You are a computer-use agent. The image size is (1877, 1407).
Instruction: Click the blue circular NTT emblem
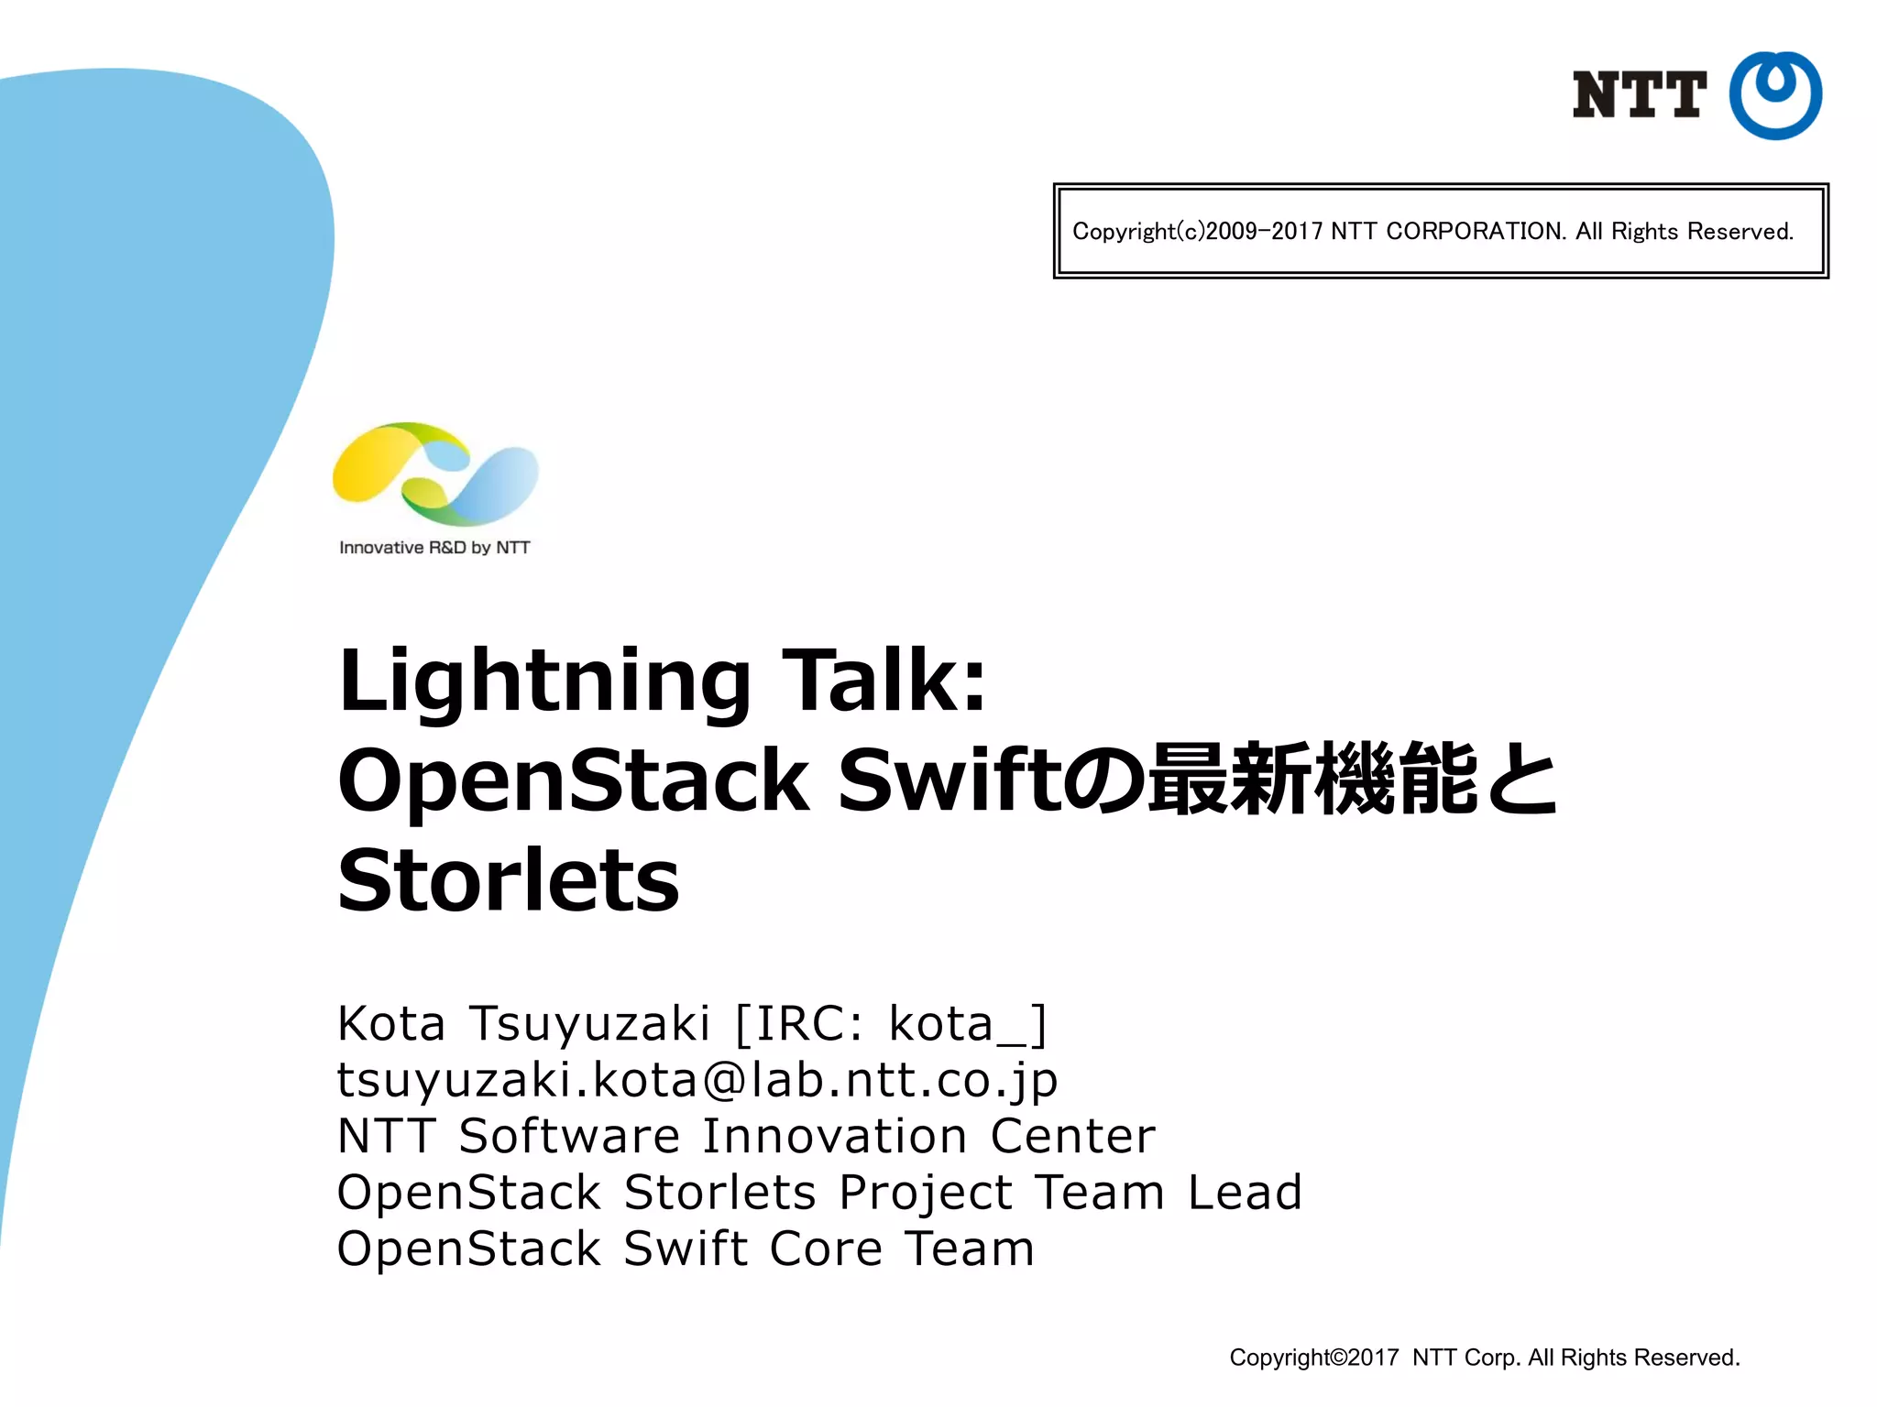tap(1774, 95)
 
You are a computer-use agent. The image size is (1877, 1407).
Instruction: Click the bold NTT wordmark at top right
tap(1639, 95)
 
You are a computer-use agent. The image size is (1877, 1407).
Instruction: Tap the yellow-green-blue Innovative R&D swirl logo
tap(435, 474)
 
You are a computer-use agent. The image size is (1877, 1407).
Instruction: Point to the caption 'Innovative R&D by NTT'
tap(434, 548)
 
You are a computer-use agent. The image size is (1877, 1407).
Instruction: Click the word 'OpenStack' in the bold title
tap(574, 780)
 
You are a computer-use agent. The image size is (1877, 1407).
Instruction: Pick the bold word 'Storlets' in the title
tap(509, 880)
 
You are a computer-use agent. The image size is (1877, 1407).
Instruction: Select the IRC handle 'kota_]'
tap(968, 1025)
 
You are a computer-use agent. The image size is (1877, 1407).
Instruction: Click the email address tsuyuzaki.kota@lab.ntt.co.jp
tap(697, 1081)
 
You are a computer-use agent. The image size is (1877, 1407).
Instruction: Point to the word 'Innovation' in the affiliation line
tap(835, 1137)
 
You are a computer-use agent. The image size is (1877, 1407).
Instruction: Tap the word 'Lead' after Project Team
tap(1245, 1193)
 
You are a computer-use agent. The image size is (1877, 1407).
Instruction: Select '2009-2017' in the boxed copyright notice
tap(1264, 232)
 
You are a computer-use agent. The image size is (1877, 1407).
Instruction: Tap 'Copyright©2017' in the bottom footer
tap(1313, 1358)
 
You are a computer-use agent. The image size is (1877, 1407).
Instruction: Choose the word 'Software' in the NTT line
tap(569, 1137)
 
